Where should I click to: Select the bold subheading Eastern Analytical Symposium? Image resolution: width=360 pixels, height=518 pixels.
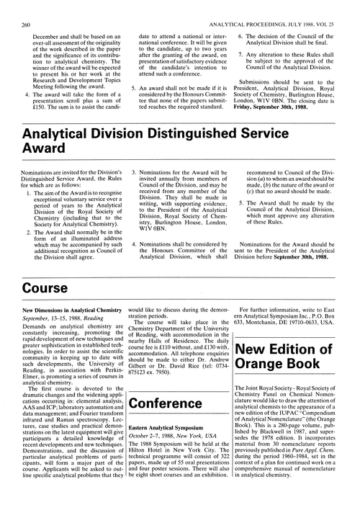167,428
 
